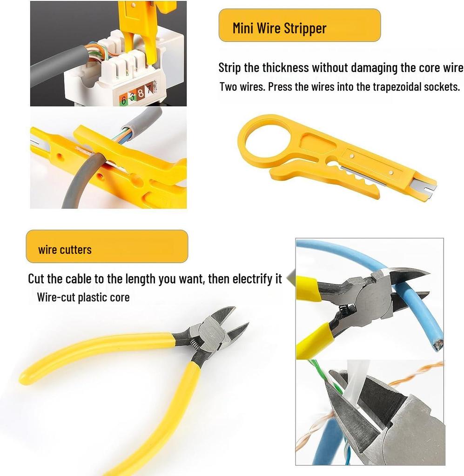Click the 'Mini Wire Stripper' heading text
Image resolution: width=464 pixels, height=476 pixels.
click(x=279, y=28)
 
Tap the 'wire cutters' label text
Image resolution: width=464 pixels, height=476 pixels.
click(x=65, y=250)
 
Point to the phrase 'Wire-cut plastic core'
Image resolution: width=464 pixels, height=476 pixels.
click(x=83, y=297)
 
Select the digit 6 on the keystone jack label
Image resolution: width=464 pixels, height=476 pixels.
click(x=124, y=99)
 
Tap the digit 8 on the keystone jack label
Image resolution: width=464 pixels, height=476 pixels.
click(x=141, y=96)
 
